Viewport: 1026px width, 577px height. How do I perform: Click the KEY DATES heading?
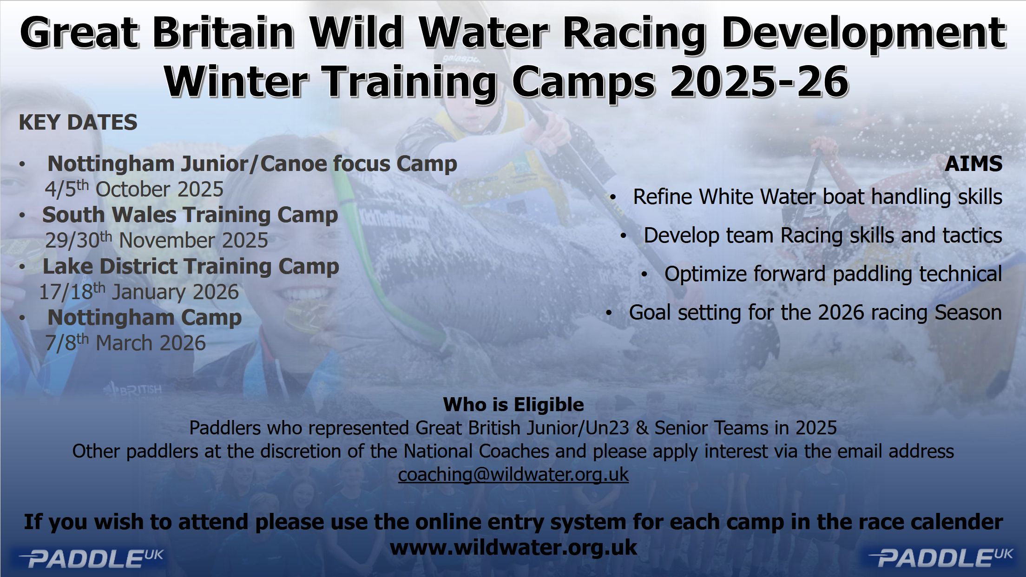pos(78,122)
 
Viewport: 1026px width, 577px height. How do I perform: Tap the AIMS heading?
pos(973,164)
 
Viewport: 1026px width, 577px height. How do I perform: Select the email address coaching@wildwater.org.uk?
pos(513,475)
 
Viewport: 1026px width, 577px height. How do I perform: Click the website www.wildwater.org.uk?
pos(513,547)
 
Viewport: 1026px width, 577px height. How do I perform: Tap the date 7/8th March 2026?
pos(125,343)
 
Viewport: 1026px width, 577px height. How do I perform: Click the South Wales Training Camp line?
pos(190,215)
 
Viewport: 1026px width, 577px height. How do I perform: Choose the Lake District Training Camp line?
pos(191,266)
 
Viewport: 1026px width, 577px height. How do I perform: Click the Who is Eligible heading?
pos(513,405)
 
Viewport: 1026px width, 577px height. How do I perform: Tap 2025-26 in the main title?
pos(758,82)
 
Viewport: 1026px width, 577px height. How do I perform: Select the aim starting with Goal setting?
pos(815,312)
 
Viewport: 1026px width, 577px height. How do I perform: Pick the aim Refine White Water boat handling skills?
pos(817,197)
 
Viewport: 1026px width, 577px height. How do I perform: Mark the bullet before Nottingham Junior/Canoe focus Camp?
pos(22,164)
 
